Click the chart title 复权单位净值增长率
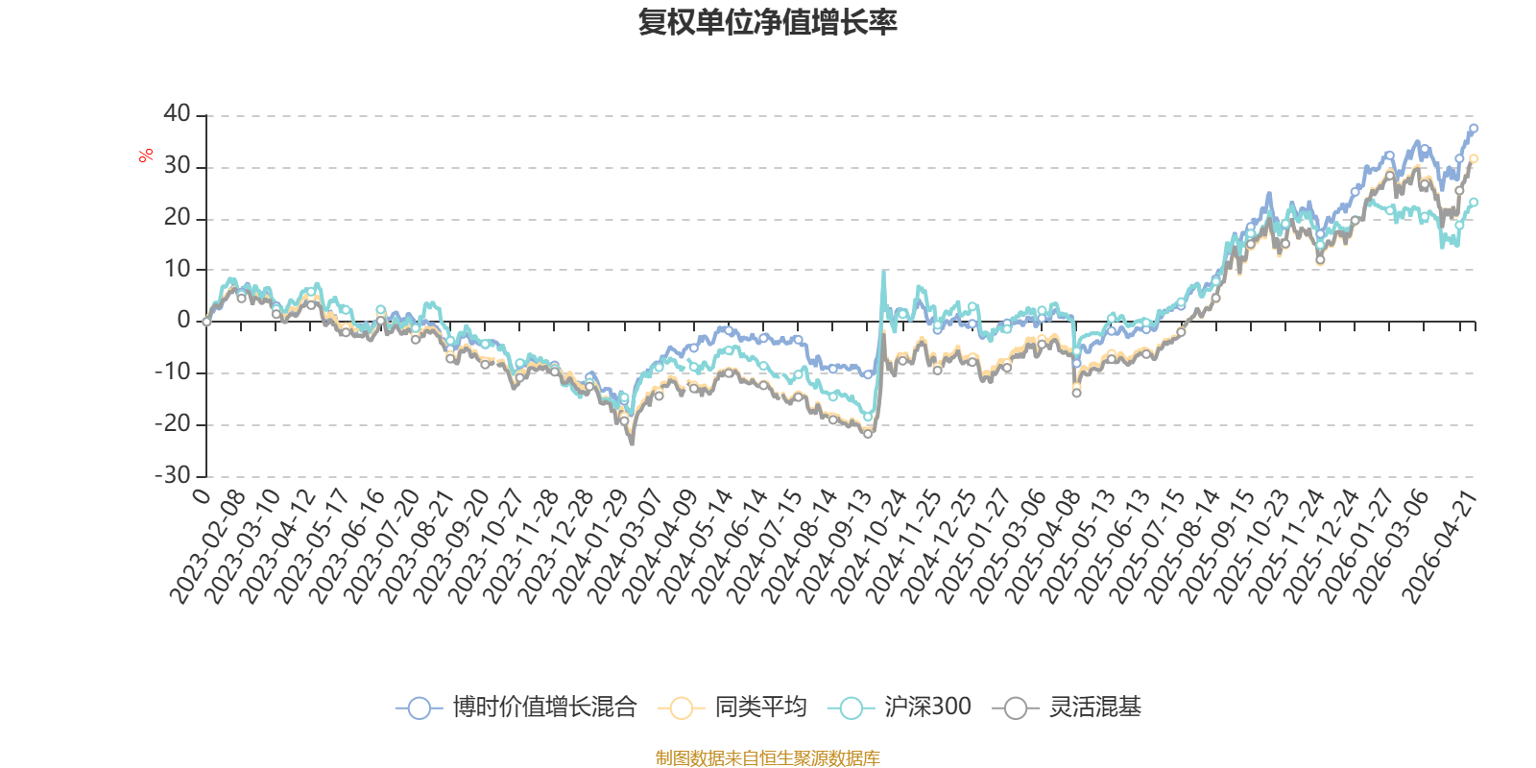pyautogui.click(x=767, y=23)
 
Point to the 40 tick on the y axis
pyautogui.click(x=178, y=114)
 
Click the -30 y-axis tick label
pyautogui.click(x=173, y=475)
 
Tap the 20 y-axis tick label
pyautogui.click(x=178, y=218)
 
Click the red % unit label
pyautogui.click(x=146, y=155)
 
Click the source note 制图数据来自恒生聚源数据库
pyautogui.click(x=767, y=758)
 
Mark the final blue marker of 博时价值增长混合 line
pyautogui.click(x=1474, y=128)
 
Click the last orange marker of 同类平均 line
pyautogui.click(x=1474, y=158)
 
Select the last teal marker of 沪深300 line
pyautogui.click(x=1474, y=202)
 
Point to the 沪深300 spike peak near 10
pyautogui.click(x=883, y=272)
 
